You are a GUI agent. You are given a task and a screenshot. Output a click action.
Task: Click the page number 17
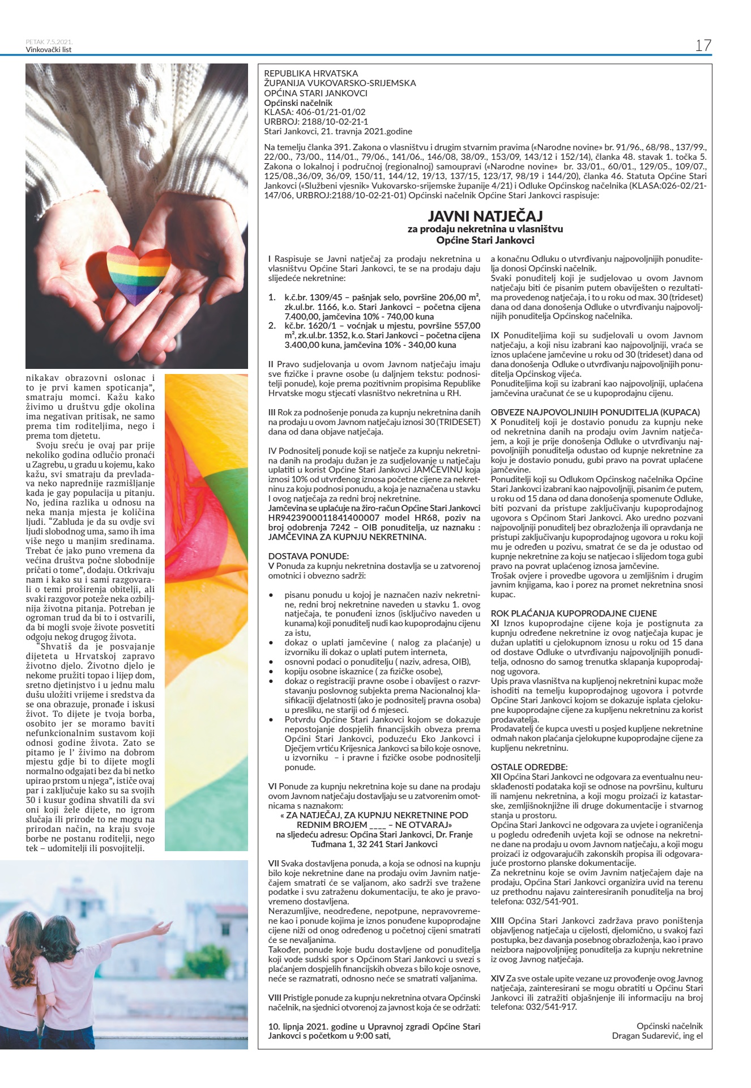click(x=703, y=45)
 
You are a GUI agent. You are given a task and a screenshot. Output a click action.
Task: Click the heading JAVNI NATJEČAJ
click(x=485, y=216)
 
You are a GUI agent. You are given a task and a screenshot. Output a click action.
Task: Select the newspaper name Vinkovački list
click(x=49, y=50)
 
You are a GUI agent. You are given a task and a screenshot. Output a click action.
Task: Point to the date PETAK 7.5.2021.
click(x=49, y=42)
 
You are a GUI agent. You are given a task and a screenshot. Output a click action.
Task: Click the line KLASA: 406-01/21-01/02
click(x=315, y=112)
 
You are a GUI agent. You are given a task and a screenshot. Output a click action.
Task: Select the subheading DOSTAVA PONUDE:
click(x=309, y=556)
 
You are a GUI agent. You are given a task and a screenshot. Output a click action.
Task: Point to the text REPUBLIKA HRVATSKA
click(x=311, y=74)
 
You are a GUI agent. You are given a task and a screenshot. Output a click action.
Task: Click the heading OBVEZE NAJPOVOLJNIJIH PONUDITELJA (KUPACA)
click(x=595, y=412)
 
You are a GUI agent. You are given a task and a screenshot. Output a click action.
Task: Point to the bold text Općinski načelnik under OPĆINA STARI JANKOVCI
click(x=298, y=103)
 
